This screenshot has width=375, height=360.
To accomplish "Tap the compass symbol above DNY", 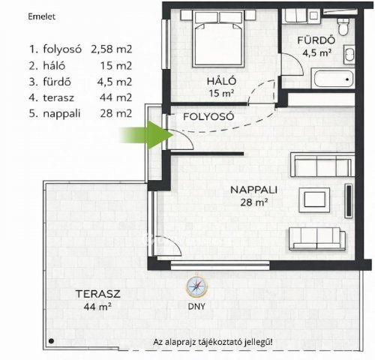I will tap(196, 285).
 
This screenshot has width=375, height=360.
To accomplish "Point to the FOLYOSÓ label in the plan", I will tap(210, 117).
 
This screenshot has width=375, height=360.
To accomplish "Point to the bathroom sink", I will tap(349, 54).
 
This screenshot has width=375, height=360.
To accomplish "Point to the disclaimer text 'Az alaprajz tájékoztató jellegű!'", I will tap(213, 341).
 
